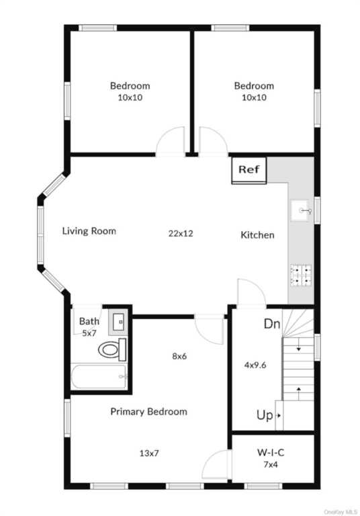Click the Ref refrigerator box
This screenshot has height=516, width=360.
tap(249, 171)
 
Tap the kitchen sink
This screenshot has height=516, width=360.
tap(300, 210)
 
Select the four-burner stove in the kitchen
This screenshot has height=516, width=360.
tap(301, 274)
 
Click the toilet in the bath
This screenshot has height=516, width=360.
tap(112, 349)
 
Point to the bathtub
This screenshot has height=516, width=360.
tap(99, 376)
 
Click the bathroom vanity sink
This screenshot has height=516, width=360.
tap(118, 322)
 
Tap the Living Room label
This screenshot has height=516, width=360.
tap(89, 231)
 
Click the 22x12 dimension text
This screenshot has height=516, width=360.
tap(181, 233)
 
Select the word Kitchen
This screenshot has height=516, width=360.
tap(257, 235)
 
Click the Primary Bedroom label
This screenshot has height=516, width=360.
tap(148, 412)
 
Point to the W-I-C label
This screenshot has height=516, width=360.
tap(271, 452)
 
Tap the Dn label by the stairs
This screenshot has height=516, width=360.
tap(272, 324)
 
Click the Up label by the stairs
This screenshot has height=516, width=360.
tap(265, 415)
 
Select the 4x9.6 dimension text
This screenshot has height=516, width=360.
tap(255, 365)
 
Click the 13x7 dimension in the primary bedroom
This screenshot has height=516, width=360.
tap(149, 454)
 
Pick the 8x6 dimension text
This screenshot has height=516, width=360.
tap(179, 356)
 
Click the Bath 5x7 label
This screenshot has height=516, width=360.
tap(89, 327)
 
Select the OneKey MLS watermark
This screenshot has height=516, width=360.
tap(341, 512)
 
